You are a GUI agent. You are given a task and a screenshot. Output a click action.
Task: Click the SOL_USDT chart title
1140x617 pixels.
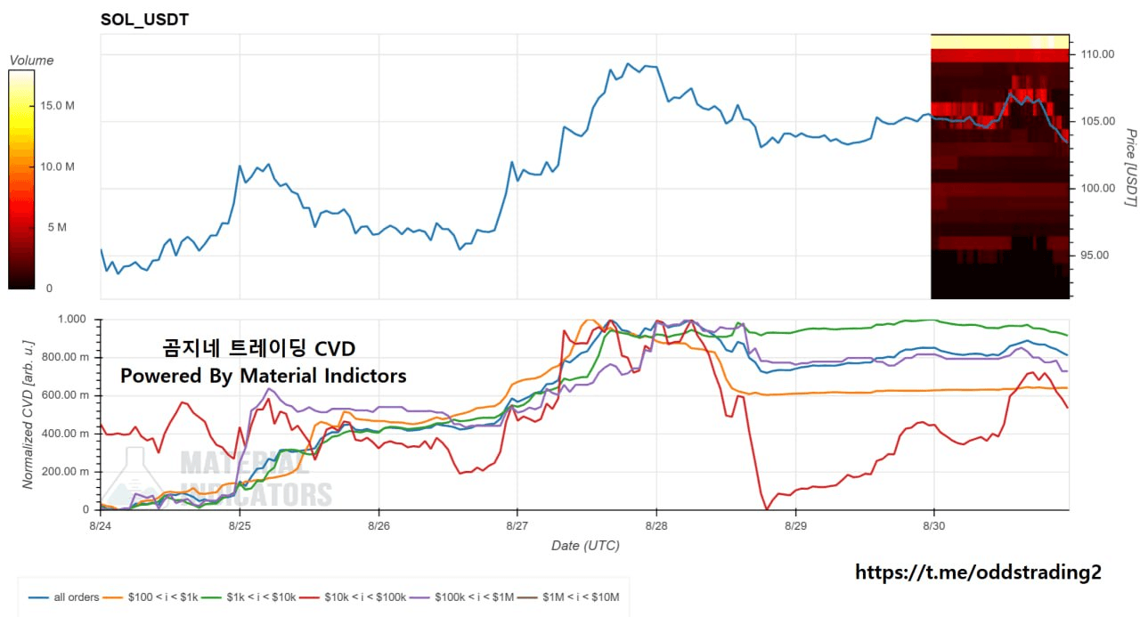(x=144, y=20)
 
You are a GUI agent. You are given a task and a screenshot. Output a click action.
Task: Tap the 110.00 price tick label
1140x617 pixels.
(x=1097, y=54)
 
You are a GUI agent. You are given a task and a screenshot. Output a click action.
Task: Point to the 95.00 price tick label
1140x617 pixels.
(x=1095, y=256)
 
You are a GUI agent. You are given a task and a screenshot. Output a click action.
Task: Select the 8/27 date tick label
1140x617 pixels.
(x=517, y=525)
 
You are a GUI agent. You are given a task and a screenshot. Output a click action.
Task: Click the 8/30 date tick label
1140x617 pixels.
(x=934, y=525)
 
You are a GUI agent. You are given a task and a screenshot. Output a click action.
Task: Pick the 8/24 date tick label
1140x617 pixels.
(x=101, y=525)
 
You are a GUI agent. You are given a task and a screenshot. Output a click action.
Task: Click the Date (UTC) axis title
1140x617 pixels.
(x=585, y=546)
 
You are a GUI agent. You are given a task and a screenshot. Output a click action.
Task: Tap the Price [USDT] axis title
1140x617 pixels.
(x=1130, y=167)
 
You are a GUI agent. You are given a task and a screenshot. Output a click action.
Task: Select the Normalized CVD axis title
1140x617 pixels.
(x=28, y=415)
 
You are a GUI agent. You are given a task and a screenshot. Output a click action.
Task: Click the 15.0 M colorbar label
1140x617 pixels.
(x=58, y=106)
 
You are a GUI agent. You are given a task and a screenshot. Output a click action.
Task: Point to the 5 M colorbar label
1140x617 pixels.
(x=57, y=227)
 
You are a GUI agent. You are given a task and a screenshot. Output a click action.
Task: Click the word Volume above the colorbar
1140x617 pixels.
(x=31, y=61)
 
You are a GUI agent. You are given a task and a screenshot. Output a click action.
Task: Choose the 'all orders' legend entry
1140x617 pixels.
(x=63, y=597)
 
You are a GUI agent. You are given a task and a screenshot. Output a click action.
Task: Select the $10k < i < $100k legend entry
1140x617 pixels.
(x=354, y=597)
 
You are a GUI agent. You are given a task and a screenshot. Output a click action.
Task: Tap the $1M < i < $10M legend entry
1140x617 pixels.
(x=568, y=597)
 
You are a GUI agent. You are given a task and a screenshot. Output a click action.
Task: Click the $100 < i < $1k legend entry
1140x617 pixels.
(x=151, y=597)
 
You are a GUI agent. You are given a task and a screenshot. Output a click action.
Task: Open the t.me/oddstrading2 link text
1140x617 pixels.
(x=978, y=572)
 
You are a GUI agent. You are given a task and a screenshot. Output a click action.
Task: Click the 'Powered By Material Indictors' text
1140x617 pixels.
(x=263, y=376)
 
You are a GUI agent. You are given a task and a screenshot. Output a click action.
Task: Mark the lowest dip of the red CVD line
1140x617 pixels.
(x=767, y=508)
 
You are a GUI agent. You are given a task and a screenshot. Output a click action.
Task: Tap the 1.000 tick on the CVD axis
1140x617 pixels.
(x=72, y=320)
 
